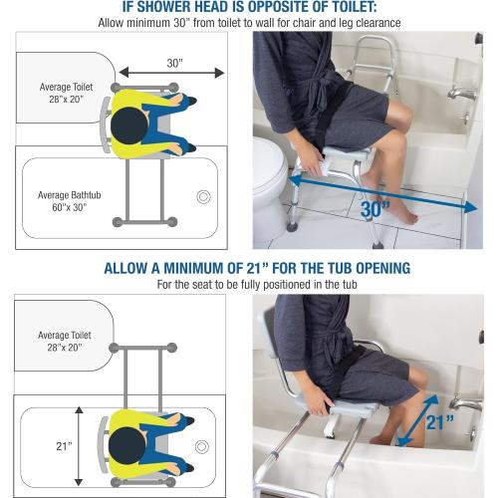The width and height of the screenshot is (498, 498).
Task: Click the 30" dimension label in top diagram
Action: point(175,62)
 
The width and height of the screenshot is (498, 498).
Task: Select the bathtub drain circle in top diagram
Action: point(204,196)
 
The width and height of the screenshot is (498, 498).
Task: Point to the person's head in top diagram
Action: point(128,124)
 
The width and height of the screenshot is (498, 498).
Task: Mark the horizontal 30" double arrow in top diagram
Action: point(175,74)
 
